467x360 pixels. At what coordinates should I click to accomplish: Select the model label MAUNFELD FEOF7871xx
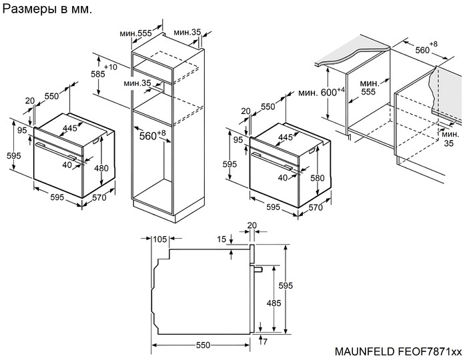[398, 351]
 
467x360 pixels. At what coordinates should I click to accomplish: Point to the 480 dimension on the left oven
[101, 168]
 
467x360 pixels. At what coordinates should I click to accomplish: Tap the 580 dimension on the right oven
[316, 178]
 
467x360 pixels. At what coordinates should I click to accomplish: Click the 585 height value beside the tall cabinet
[98, 75]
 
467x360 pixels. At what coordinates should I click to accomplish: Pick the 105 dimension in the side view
[159, 239]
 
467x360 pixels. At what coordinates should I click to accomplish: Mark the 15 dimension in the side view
[221, 239]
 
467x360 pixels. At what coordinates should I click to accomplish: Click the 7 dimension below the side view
[266, 341]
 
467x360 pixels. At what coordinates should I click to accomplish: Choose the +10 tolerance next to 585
[111, 67]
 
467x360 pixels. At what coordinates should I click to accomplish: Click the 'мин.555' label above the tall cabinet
[137, 33]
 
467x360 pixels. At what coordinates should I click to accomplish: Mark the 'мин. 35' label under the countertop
[449, 139]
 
